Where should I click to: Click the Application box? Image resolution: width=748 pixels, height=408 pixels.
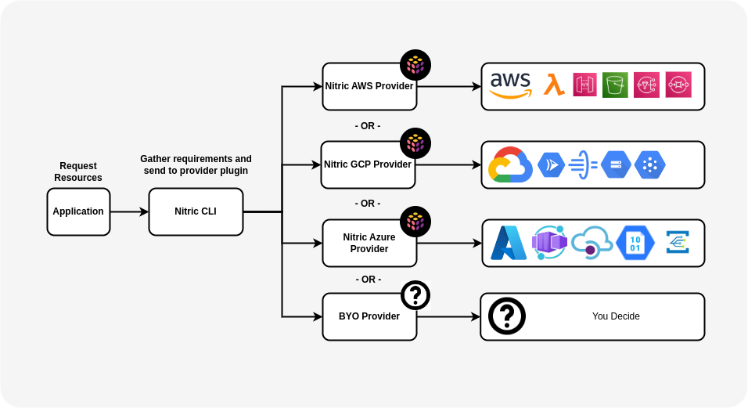(78, 211)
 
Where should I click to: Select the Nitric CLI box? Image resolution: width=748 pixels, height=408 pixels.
(196, 211)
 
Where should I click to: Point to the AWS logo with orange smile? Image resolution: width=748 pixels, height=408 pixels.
(510, 85)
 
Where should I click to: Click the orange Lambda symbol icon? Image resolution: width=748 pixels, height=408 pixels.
(555, 85)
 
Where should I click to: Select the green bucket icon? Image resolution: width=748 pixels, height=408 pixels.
(615, 85)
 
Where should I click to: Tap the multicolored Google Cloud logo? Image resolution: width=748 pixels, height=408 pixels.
(509, 164)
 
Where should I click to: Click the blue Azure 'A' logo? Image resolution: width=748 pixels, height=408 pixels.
(509, 243)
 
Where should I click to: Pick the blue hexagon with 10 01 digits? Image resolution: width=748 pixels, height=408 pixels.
(635, 243)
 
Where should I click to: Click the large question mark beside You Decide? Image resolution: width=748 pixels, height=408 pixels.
(507, 316)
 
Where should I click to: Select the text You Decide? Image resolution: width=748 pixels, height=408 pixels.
(616, 316)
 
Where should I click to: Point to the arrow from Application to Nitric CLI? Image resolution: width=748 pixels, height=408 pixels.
(129, 211)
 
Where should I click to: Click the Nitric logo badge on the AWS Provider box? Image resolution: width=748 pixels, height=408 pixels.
(415, 65)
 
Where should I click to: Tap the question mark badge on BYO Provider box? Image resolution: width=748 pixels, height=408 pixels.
(415, 295)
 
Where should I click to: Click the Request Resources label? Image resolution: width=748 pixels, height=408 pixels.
(78, 172)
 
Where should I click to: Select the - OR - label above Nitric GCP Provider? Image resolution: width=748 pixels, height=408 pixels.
(368, 125)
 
